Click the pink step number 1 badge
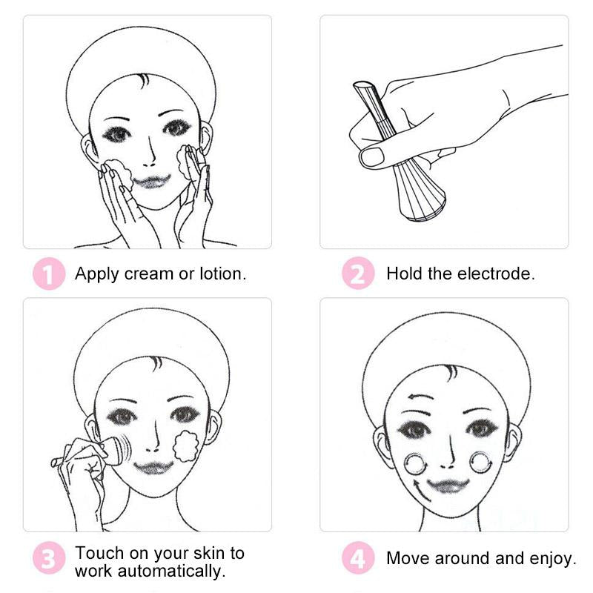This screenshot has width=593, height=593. click(49, 274)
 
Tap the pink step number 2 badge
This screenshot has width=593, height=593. click(358, 273)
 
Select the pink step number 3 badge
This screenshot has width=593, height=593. click(49, 558)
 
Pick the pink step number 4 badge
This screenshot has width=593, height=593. click(358, 558)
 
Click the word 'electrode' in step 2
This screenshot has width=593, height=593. click(495, 274)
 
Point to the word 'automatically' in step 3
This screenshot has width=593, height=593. click(172, 571)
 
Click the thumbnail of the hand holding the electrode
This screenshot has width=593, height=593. click(444, 132)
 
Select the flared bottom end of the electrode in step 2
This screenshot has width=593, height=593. click(422, 205)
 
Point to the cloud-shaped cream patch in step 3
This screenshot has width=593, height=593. click(186, 446)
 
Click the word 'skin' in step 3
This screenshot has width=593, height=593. click(209, 553)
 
